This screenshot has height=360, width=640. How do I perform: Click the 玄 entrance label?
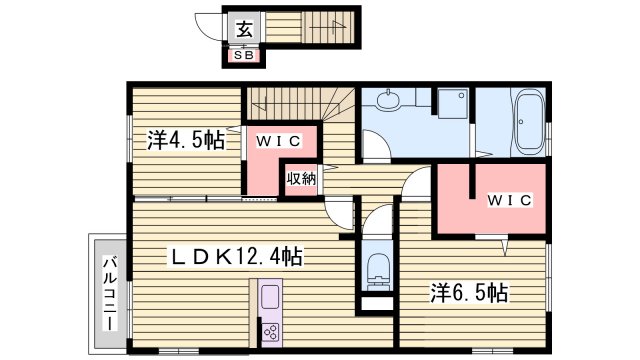click(x=244, y=29)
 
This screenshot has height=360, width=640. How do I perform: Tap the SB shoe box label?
click(x=244, y=55)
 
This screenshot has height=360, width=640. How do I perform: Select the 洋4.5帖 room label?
click(x=185, y=140)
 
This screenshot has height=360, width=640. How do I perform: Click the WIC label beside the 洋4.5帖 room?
click(x=284, y=141)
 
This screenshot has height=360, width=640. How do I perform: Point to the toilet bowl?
click(x=378, y=267)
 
